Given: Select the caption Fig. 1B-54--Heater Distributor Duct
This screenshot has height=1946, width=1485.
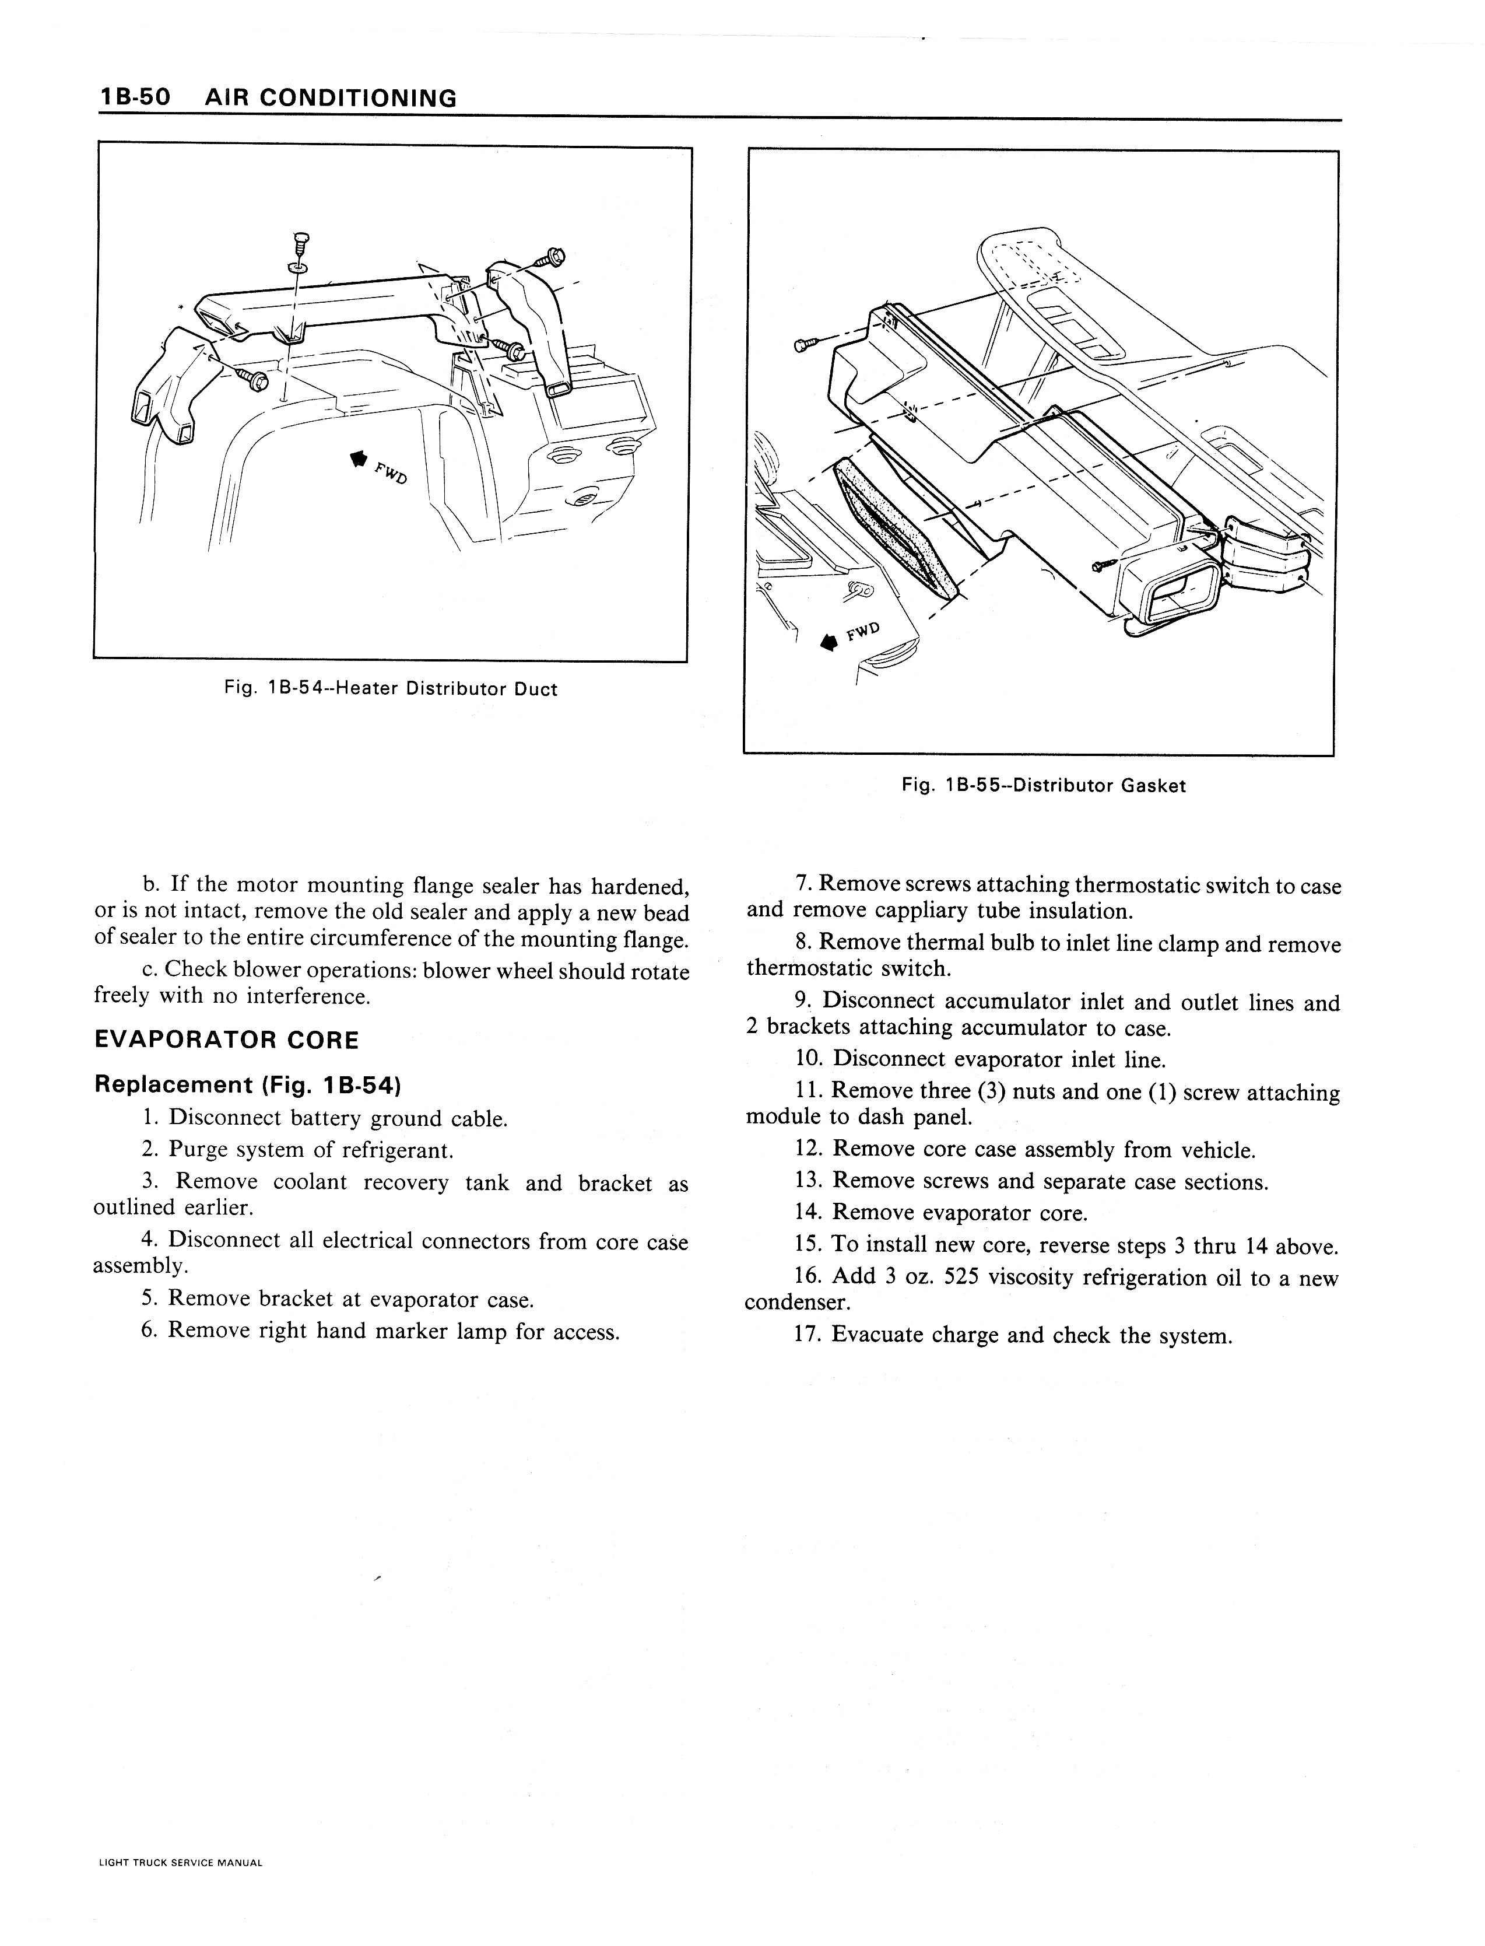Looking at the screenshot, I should click(x=391, y=689).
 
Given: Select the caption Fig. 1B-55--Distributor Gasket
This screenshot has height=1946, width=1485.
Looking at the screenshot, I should click(x=1043, y=785).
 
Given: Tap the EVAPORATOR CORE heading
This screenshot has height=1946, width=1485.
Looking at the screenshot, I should click(x=226, y=1039).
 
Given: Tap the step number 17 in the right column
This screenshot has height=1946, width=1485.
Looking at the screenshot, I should click(x=808, y=1335).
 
